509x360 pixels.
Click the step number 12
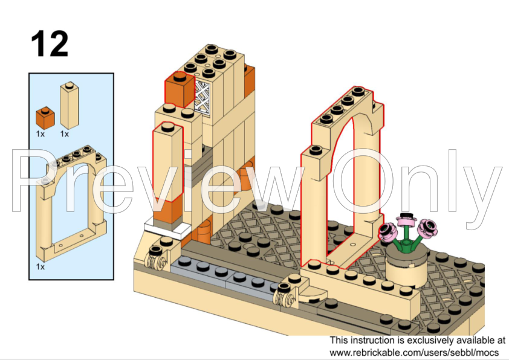(50, 43)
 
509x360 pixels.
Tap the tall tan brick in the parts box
(69, 106)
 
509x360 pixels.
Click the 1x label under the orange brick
(40, 134)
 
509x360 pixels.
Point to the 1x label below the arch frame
(40, 266)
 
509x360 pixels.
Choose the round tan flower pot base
(406, 269)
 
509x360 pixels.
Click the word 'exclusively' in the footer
(432, 341)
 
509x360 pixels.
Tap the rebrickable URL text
(413, 352)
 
